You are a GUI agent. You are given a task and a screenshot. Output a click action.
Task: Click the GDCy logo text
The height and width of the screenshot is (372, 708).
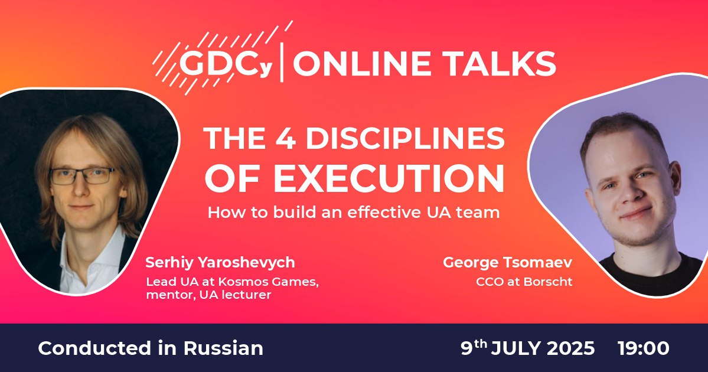click(226, 65)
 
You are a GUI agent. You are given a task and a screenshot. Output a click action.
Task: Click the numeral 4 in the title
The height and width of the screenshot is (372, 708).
click(285, 139)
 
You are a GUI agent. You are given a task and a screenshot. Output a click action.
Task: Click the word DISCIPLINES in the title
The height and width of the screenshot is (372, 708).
click(405, 139)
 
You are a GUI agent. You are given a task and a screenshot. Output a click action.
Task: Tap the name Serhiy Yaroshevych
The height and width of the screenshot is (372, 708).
click(220, 263)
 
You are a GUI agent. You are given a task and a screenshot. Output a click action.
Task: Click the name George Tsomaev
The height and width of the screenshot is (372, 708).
click(507, 263)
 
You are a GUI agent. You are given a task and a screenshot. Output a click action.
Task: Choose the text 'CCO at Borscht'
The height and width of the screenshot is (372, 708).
click(524, 282)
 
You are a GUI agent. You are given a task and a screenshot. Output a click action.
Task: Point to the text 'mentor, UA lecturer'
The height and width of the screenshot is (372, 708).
click(208, 295)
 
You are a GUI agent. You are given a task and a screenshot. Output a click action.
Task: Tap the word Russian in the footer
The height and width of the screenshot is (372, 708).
click(223, 348)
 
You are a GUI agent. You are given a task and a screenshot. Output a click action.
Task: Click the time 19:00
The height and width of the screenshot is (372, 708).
click(644, 348)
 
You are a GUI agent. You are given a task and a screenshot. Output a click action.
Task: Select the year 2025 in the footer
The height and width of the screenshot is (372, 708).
click(571, 348)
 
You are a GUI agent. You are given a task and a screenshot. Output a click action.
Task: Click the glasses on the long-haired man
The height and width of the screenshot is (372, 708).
click(82, 176)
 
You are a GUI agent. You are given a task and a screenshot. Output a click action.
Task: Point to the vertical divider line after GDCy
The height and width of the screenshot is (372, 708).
click(282, 63)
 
